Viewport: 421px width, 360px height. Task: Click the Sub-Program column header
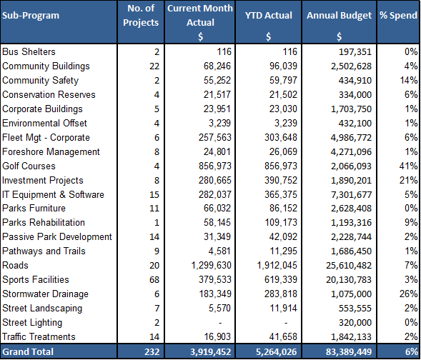pos(31,16)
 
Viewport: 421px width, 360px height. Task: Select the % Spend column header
pos(398,16)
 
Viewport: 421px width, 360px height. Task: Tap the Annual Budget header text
pos(339,16)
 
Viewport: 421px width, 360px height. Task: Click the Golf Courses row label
pos(29,166)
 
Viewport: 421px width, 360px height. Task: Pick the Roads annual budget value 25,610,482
pos(349,266)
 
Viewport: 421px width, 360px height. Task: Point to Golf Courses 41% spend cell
pos(408,166)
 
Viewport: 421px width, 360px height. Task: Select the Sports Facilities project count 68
pos(154,280)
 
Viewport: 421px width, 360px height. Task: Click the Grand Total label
pos(28,351)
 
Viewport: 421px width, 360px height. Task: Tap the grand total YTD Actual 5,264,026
pos(277,351)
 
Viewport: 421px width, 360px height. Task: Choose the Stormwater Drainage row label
pos(45,294)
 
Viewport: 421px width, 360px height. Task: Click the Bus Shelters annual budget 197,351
pos(355,51)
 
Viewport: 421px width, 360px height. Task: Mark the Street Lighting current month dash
pos(220,323)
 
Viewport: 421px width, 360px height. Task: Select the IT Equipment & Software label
pos(53,194)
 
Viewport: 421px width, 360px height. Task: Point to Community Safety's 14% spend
pos(408,80)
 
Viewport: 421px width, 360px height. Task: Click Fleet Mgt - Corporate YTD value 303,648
pos(281,138)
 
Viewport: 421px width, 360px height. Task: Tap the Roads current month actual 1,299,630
pos(211,266)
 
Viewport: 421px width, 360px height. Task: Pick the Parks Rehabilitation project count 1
pos(157,223)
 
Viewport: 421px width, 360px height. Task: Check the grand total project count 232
pos(152,351)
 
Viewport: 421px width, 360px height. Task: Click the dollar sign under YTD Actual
pos(269,36)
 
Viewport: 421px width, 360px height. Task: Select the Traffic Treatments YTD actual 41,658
pos(284,337)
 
